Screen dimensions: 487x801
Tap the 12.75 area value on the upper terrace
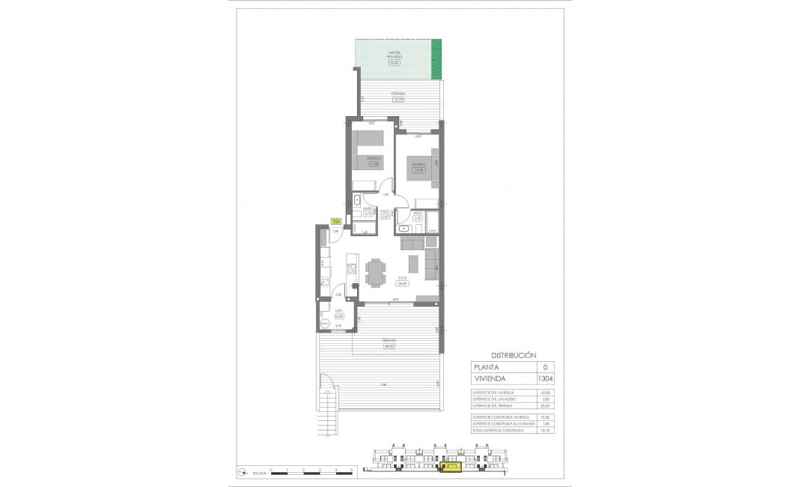click(x=398, y=100)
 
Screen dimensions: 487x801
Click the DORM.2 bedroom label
click(x=374, y=158)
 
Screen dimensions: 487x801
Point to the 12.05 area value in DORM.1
click(x=419, y=170)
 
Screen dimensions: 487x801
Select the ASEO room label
click(x=418, y=213)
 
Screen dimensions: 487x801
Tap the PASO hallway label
click(x=386, y=211)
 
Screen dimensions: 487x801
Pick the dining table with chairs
click(x=375, y=272)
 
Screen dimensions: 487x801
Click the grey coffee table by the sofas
click(x=413, y=264)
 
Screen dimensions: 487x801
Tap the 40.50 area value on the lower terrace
click(x=389, y=345)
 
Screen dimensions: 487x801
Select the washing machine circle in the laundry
click(x=325, y=323)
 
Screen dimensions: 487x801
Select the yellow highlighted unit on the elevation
click(x=451, y=468)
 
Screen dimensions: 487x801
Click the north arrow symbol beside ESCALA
click(x=241, y=471)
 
